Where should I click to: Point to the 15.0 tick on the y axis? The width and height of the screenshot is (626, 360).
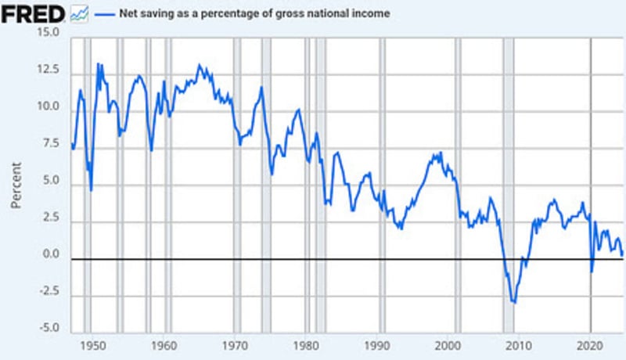click(x=49, y=33)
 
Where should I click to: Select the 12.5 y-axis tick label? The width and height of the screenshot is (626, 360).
click(x=49, y=70)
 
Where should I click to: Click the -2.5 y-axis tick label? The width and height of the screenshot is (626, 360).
click(x=49, y=292)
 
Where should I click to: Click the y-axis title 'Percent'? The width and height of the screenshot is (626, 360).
click(x=16, y=185)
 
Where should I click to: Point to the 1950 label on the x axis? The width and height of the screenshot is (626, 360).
click(x=92, y=345)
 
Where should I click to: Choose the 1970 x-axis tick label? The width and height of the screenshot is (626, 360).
click(x=235, y=345)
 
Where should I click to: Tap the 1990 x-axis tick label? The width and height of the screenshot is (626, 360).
click(x=378, y=345)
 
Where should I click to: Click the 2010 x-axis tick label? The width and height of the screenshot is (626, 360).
click(x=520, y=345)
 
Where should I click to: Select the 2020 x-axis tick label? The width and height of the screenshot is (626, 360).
click(x=591, y=345)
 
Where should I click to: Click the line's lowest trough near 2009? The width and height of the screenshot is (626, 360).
click(x=514, y=302)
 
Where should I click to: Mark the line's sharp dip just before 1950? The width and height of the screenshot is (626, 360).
click(x=91, y=189)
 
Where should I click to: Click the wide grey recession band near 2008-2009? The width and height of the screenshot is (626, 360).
click(x=508, y=157)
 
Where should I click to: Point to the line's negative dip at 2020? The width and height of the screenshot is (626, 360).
click(x=592, y=272)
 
